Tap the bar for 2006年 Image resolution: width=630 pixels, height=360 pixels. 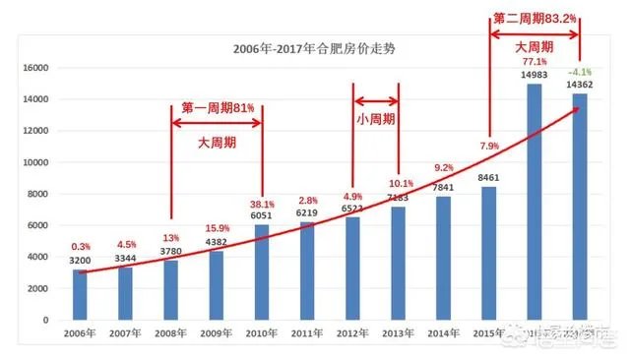coord(81,294)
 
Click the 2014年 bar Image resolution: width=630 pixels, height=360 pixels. coord(444,258)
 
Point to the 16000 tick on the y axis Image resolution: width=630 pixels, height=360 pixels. coord(36,68)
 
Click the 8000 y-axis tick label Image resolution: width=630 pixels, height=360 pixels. coord(39,194)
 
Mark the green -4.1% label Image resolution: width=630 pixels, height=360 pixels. coord(579,72)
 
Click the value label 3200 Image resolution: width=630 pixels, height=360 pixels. coord(81,261)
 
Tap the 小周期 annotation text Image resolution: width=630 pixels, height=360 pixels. coord(376,118)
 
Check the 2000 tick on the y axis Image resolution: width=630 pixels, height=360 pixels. coord(39,288)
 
